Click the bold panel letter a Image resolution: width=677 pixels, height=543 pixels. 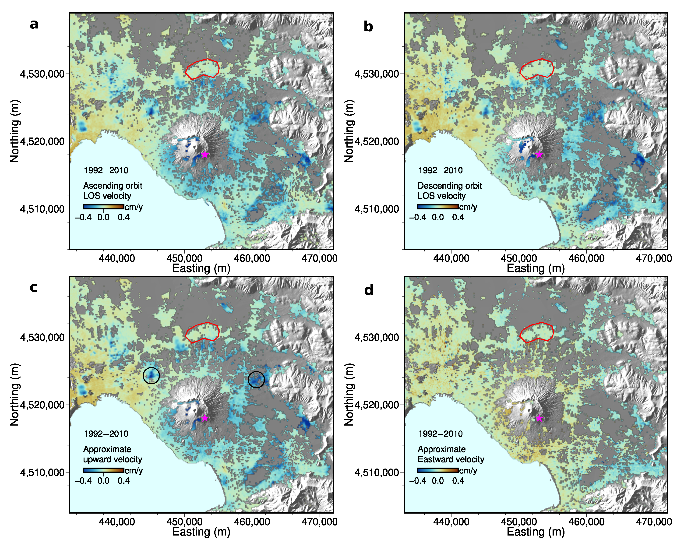(34, 24)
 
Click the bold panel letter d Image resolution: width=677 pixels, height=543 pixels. (369, 290)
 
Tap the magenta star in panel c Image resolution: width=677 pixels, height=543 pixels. (205, 418)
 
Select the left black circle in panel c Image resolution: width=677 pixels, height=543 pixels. (151, 375)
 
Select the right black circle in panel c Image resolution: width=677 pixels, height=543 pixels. (256, 379)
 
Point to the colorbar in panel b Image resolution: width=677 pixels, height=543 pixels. (438, 207)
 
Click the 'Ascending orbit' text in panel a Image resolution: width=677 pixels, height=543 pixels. (113, 186)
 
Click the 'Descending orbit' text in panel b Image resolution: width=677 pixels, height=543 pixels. (449, 186)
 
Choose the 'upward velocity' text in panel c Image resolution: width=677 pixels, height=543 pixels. (113, 459)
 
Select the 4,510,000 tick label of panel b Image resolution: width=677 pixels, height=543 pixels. (377, 209)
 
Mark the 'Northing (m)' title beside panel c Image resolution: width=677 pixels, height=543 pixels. (15, 395)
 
